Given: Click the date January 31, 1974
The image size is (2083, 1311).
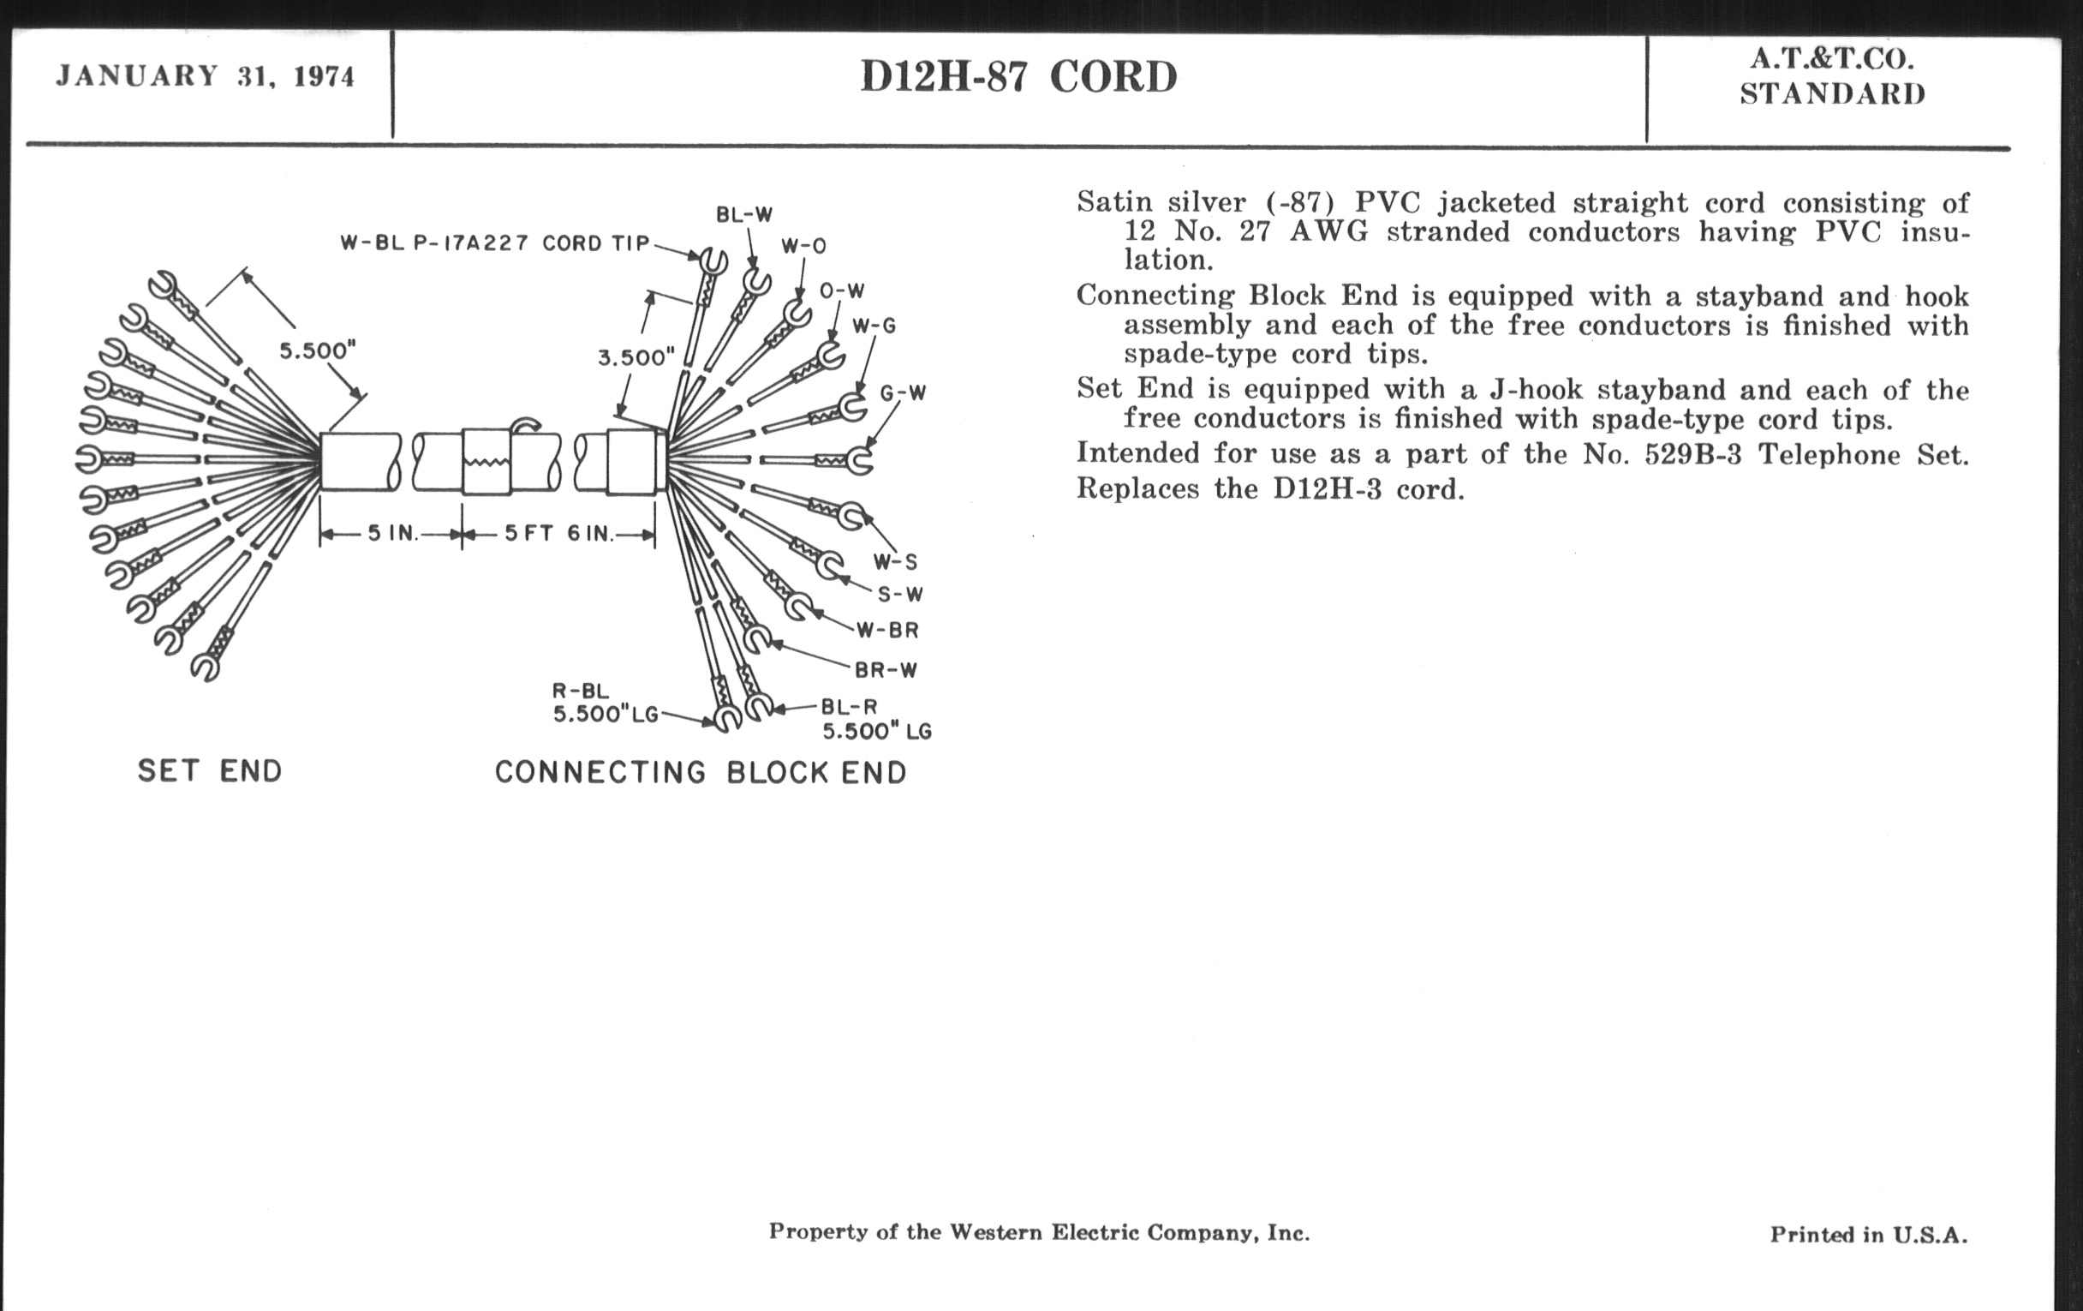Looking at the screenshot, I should coord(205,76).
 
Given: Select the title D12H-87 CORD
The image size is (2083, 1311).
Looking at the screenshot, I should coord(1018,77).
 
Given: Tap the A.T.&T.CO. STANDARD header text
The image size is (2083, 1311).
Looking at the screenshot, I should coord(1832,76).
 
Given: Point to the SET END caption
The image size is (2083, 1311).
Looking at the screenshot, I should coord(209,770).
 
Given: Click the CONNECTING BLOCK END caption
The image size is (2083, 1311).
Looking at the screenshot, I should coord(701,772).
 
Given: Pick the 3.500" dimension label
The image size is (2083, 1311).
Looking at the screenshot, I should coord(636,357).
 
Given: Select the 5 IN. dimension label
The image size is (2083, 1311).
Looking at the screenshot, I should coord(393,533).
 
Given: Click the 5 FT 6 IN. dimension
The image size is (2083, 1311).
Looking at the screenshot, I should coord(558,533).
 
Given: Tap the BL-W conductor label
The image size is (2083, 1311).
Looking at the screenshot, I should coord(744,214).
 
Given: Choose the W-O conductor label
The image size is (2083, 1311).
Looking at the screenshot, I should coord(803,247).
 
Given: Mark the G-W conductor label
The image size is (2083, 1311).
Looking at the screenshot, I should coord(903,392).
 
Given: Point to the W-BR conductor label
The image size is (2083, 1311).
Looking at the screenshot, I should coord(887,630).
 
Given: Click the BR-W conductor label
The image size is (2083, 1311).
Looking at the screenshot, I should coord(886,669).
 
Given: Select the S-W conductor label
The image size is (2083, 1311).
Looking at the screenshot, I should coord(900,595).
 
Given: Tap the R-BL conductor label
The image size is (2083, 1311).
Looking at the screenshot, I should coord(581,691).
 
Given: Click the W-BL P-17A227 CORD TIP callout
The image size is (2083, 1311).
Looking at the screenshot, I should coord(495,243).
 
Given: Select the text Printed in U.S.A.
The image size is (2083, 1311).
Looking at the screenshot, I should coord(1868,1234).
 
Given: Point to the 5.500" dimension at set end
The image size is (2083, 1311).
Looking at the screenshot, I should coord(318,350).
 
